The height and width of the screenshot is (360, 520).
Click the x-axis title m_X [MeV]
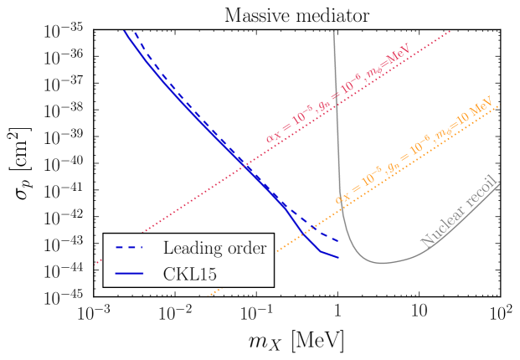(296, 341)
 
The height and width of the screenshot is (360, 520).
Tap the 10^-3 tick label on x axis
(94, 313)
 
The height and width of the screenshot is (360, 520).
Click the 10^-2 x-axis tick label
(175, 313)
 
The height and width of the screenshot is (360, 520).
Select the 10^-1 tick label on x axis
(256, 313)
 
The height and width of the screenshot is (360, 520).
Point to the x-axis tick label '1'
(337, 315)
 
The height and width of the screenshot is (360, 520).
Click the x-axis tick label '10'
(419, 315)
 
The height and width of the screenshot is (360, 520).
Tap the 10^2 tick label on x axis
(500, 313)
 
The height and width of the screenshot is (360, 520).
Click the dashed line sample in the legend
(131, 248)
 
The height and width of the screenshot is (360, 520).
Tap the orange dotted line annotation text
(414, 154)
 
